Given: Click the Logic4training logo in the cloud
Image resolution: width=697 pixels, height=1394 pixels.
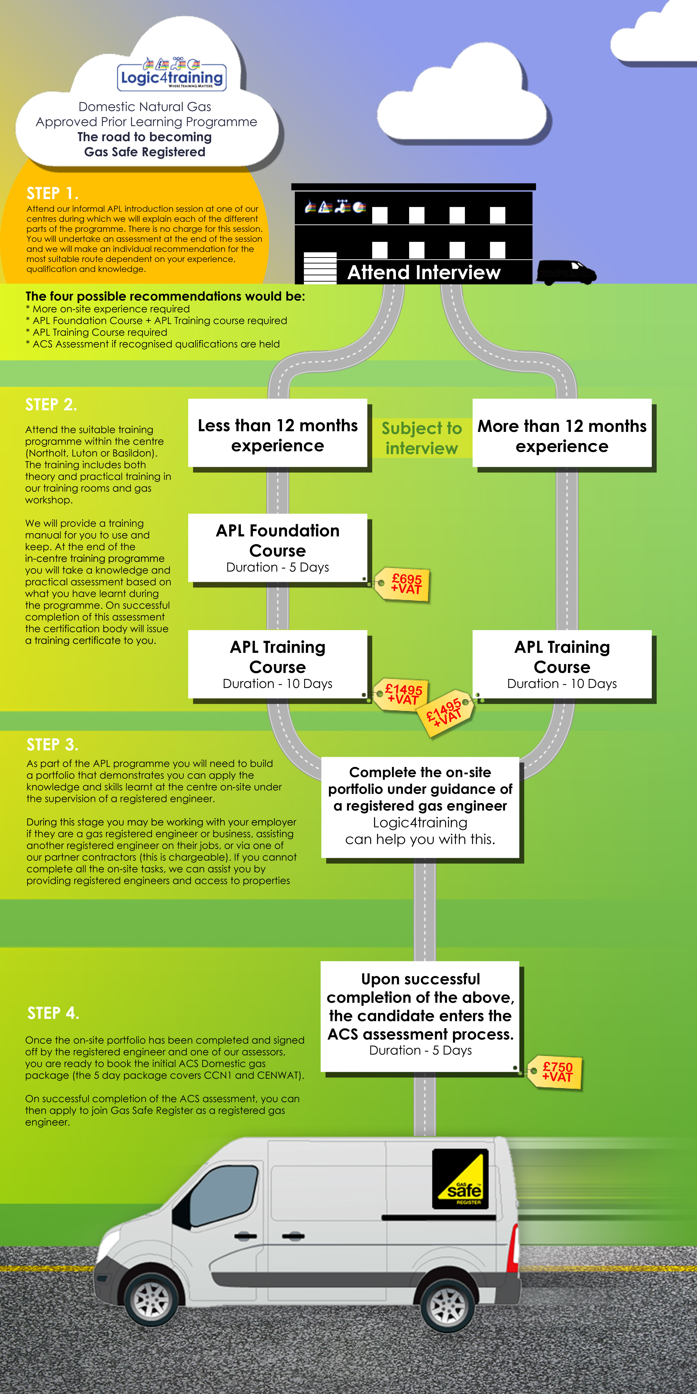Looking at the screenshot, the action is point(172,74).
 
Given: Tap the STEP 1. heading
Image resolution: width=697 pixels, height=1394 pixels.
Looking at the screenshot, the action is point(53,193).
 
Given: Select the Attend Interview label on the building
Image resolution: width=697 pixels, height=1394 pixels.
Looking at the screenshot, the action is point(424,272).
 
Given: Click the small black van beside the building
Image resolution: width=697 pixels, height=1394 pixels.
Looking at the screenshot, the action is point(567,272).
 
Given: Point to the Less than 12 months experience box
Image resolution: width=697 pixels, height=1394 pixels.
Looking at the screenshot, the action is point(278,433).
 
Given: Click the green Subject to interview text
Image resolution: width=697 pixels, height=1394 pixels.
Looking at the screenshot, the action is point(422,438).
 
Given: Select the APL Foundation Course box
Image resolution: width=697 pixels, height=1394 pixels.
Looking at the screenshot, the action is point(278,548).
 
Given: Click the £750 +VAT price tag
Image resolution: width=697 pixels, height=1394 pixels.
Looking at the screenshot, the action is point(555,1072).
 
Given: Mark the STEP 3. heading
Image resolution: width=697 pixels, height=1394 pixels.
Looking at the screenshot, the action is point(53,745).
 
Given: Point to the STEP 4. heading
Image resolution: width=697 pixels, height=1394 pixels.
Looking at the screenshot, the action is point(53,1013).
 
